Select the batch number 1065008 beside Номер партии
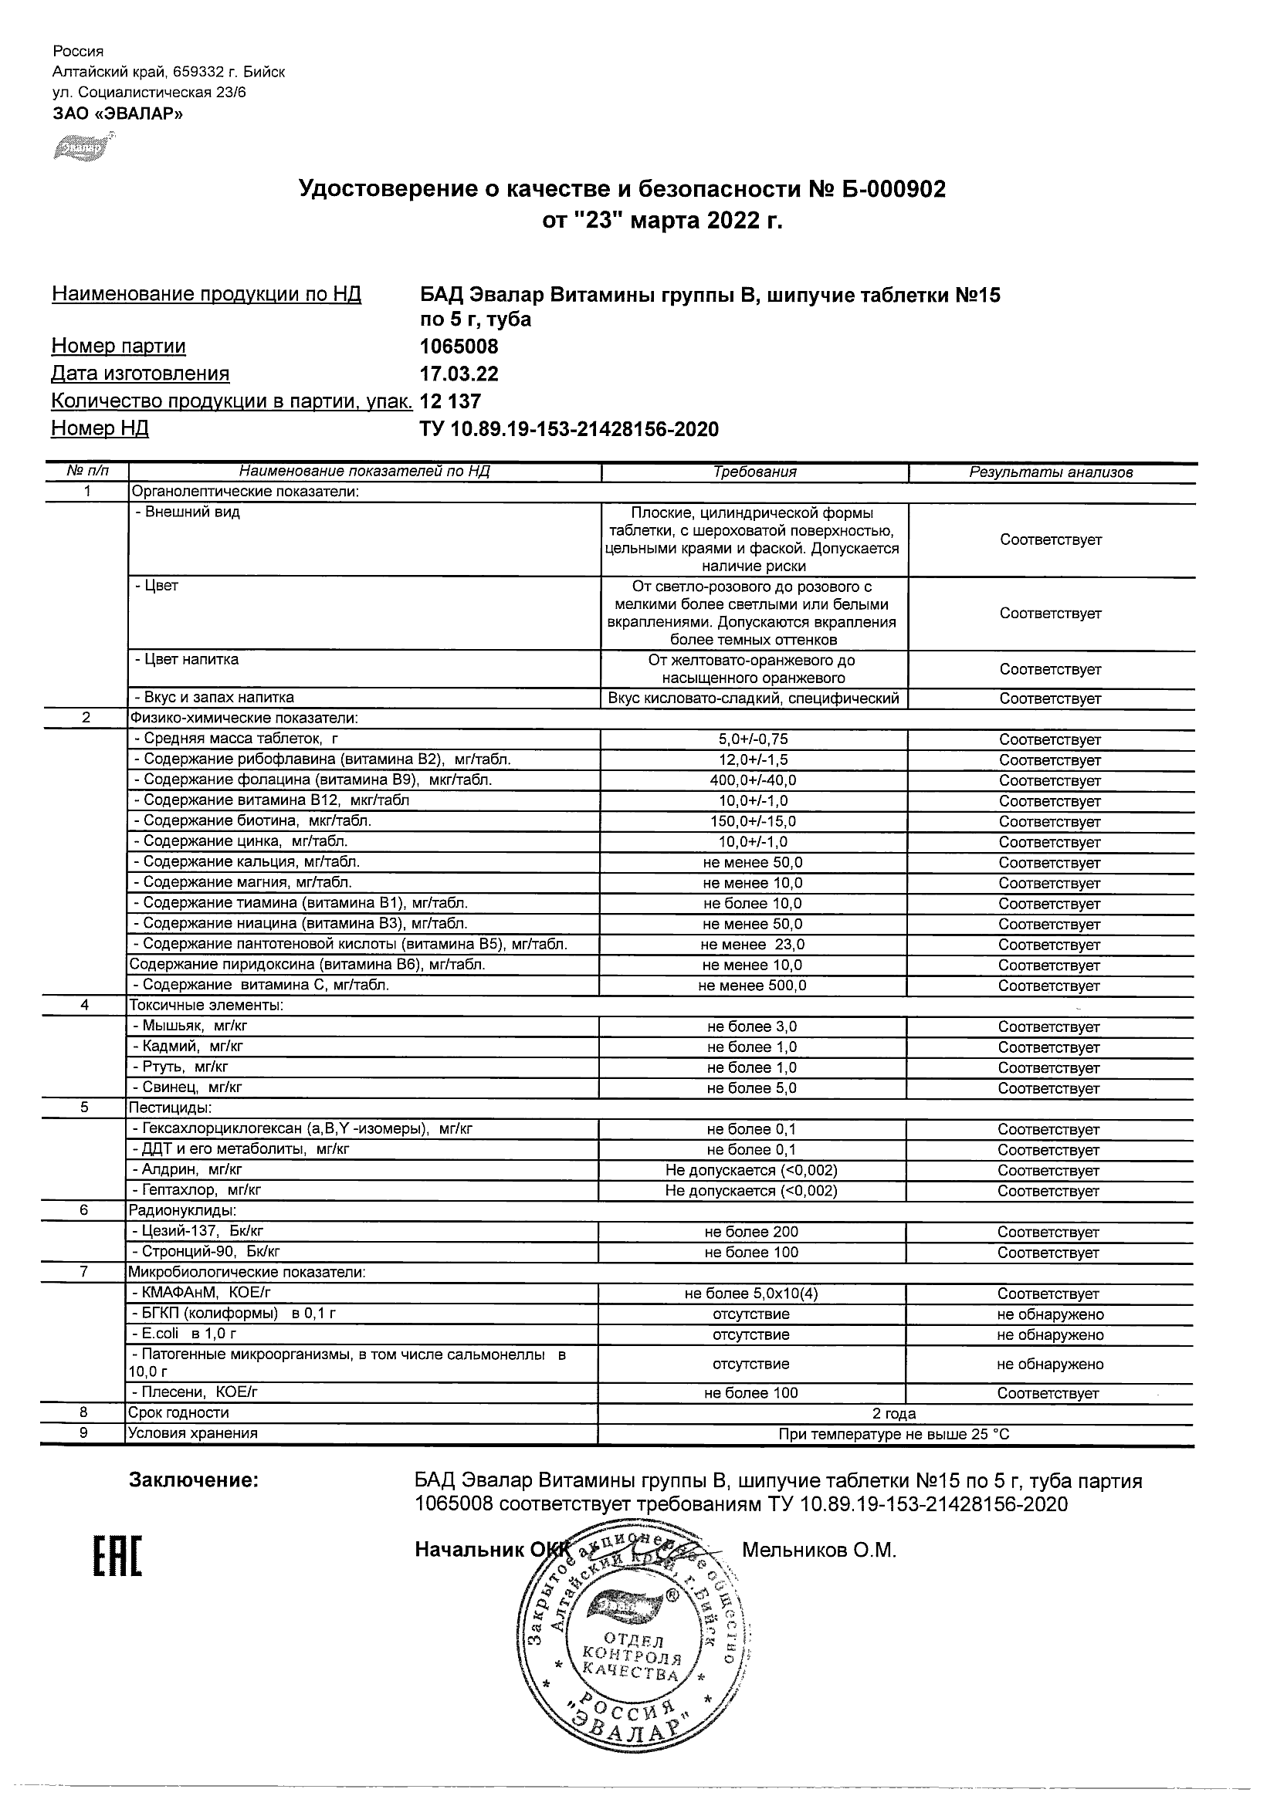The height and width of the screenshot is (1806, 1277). click(459, 347)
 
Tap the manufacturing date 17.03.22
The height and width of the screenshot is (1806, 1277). click(459, 374)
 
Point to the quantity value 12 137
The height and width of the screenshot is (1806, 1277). click(450, 402)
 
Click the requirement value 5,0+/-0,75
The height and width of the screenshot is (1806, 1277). click(753, 739)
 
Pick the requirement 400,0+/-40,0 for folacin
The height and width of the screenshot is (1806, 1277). click(753, 780)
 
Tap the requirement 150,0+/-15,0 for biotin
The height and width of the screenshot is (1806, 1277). click(753, 821)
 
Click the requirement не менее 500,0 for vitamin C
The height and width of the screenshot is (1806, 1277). click(753, 986)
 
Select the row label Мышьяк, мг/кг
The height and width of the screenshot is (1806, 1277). click(190, 1026)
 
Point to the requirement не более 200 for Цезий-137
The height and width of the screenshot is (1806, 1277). click(751, 1232)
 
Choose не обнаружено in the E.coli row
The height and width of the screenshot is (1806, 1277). click(1049, 1335)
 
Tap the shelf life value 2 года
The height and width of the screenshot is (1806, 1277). click(895, 1413)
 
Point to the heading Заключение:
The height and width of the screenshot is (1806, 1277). click(194, 1481)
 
